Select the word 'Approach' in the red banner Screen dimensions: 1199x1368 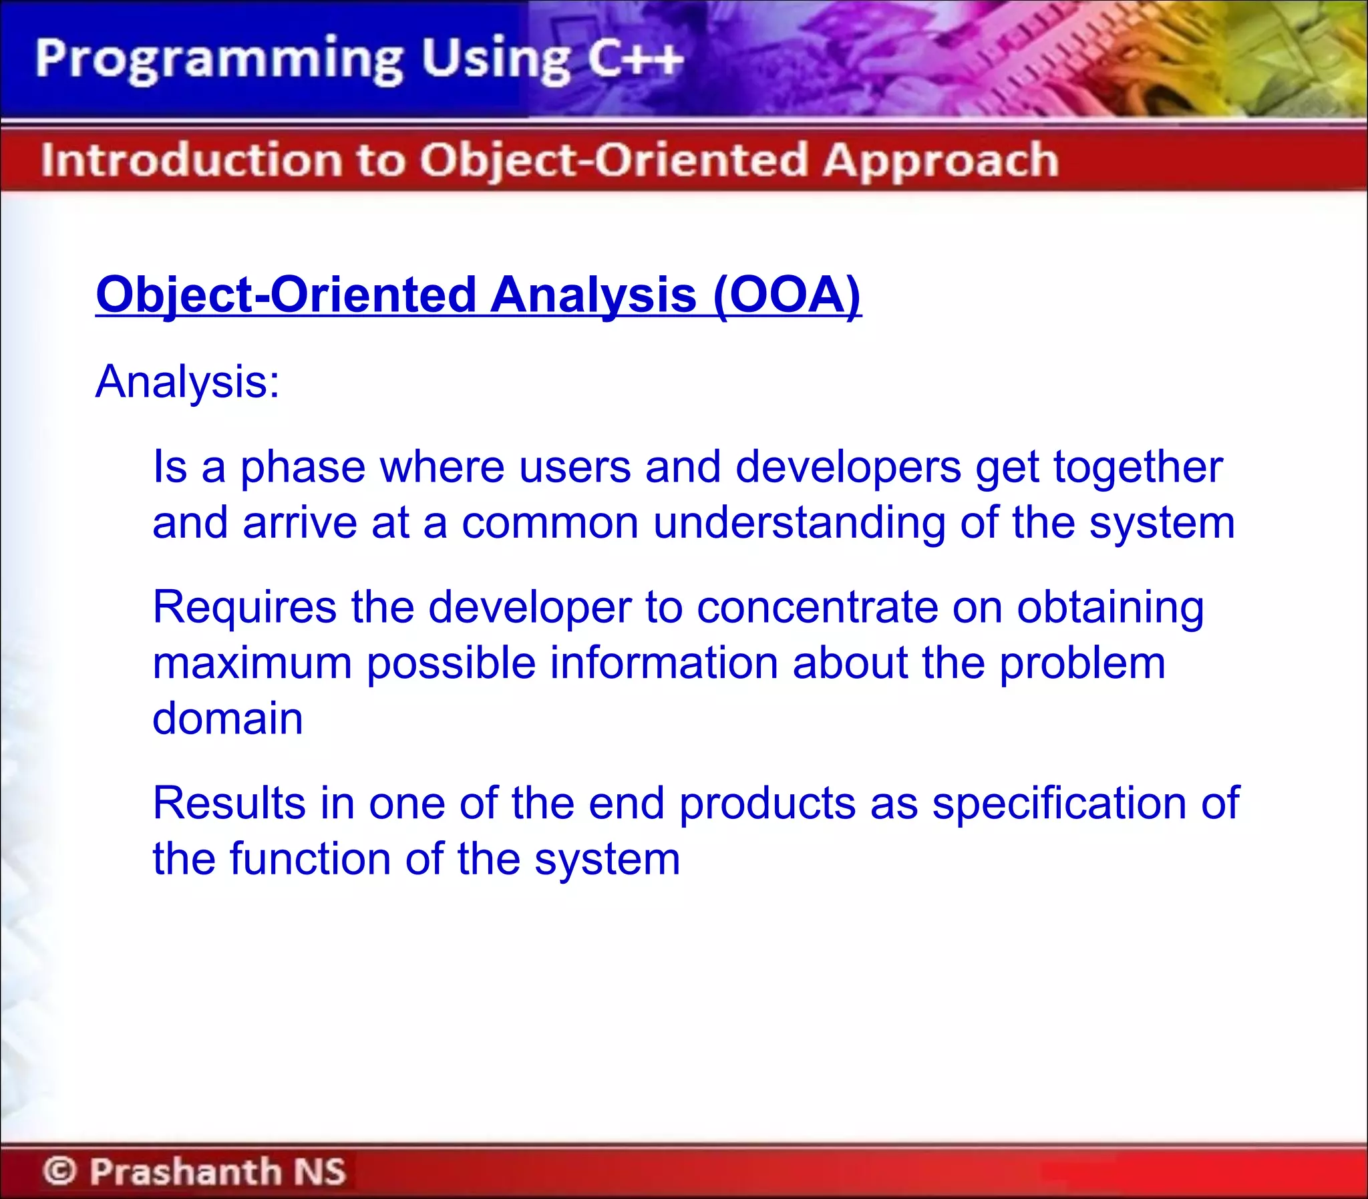[940, 160]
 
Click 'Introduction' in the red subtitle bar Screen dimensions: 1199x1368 [191, 160]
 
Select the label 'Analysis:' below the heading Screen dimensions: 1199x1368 [187, 381]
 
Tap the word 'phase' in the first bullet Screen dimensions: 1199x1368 [303, 467]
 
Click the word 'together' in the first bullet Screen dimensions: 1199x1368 [1138, 467]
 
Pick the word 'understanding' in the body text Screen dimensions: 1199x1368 [799, 522]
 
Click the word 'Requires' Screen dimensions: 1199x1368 [245, 608]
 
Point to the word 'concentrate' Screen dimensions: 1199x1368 [817, 608]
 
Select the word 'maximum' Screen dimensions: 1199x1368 [252, 663]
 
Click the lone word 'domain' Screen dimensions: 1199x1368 [227, 719]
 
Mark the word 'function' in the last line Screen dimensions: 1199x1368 [311, 859]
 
